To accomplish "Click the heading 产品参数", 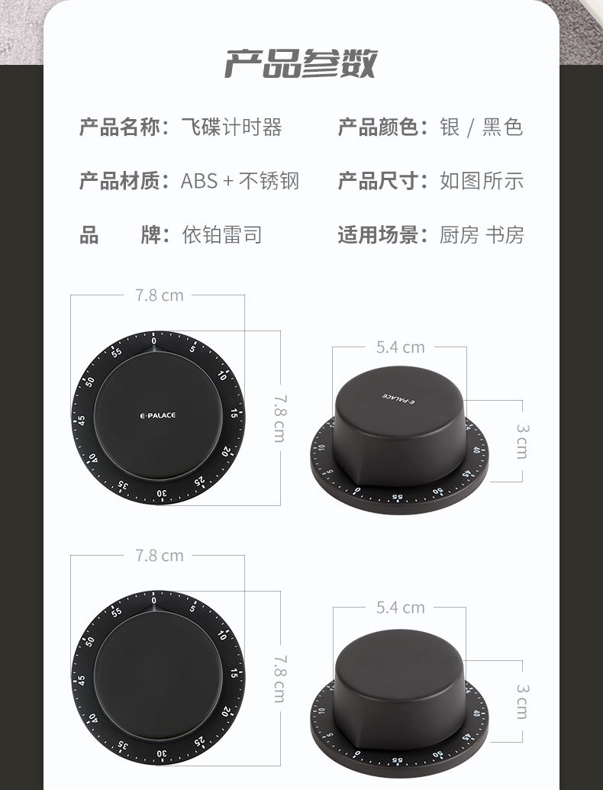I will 300,64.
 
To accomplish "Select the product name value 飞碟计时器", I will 231,127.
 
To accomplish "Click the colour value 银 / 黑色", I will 481,127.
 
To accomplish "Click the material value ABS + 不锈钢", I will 240,181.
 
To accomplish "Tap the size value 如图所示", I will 481,181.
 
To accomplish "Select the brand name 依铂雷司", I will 221,234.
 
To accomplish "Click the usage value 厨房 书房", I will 481,234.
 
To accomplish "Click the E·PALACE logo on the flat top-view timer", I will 158,415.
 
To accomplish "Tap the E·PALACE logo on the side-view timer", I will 397,398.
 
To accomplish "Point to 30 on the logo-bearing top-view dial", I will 161,493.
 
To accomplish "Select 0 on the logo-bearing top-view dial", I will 154,340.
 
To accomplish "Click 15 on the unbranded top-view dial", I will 234,674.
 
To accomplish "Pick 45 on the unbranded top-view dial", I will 81,679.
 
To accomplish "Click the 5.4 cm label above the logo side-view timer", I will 400,347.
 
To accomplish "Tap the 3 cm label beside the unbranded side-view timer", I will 521,701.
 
